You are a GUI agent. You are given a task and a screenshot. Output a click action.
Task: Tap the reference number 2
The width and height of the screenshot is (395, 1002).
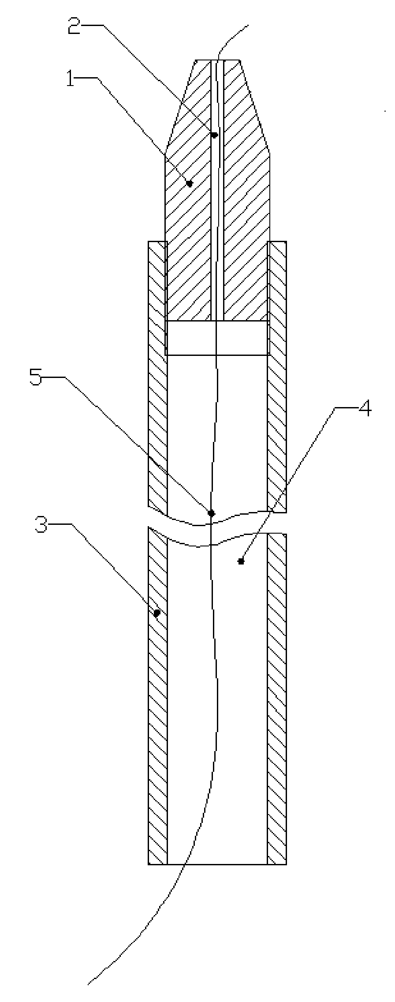click(74, 27)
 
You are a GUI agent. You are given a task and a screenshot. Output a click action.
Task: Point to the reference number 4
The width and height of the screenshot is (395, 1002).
click(364, 409)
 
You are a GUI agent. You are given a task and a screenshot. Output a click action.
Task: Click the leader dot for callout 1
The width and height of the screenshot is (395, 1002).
click(190, 183)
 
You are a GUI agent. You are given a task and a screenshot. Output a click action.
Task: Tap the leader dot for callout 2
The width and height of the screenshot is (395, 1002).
click(214, 135)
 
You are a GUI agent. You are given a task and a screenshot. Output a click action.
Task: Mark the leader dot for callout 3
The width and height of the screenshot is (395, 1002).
click(157, 613)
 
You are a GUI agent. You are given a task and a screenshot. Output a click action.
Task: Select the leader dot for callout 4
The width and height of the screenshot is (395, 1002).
click(241, 561)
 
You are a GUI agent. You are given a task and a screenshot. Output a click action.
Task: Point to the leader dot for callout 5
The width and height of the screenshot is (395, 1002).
click(211, 513)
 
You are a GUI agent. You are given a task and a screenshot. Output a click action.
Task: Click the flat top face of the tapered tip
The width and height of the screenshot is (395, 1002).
click(217, 60)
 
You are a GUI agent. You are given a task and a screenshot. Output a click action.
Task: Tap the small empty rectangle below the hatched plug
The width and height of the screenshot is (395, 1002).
click(217, 337)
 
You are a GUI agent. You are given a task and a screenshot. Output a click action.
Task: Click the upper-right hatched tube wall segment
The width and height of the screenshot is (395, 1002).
click(277, 375)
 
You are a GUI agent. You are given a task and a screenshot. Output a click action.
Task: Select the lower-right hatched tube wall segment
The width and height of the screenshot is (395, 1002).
click(277, 697)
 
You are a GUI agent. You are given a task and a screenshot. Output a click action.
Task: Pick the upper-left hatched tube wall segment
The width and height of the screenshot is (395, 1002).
click(157, 375)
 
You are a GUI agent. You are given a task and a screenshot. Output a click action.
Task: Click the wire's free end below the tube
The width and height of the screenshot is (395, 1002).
click(89, 996)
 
